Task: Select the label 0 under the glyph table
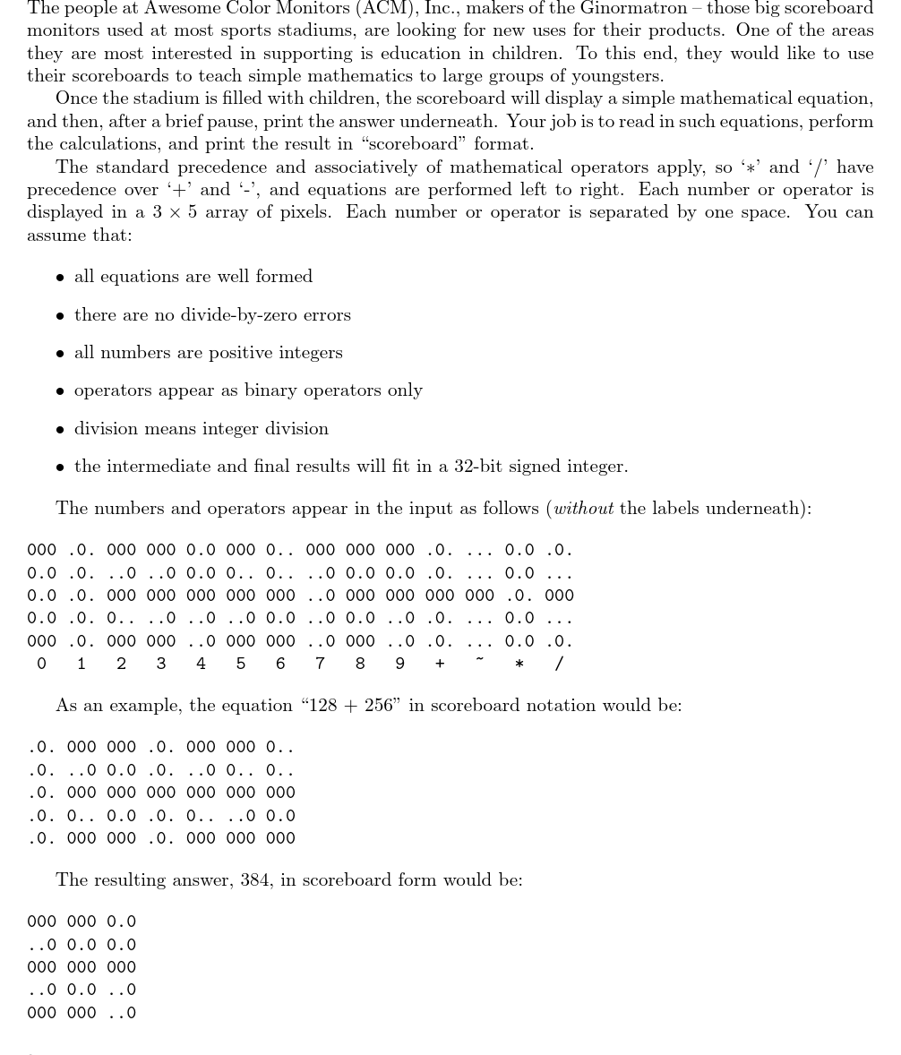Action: (41, 664)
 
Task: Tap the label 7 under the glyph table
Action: (320, 664)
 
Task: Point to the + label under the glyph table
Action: (440, 664)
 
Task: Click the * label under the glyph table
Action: (519, 665)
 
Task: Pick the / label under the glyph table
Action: (560, 664)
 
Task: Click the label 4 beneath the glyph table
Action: (201, 664)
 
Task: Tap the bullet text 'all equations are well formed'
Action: (193, 277)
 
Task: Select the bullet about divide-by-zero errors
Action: (212, 315)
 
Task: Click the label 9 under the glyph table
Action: (399, 664)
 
